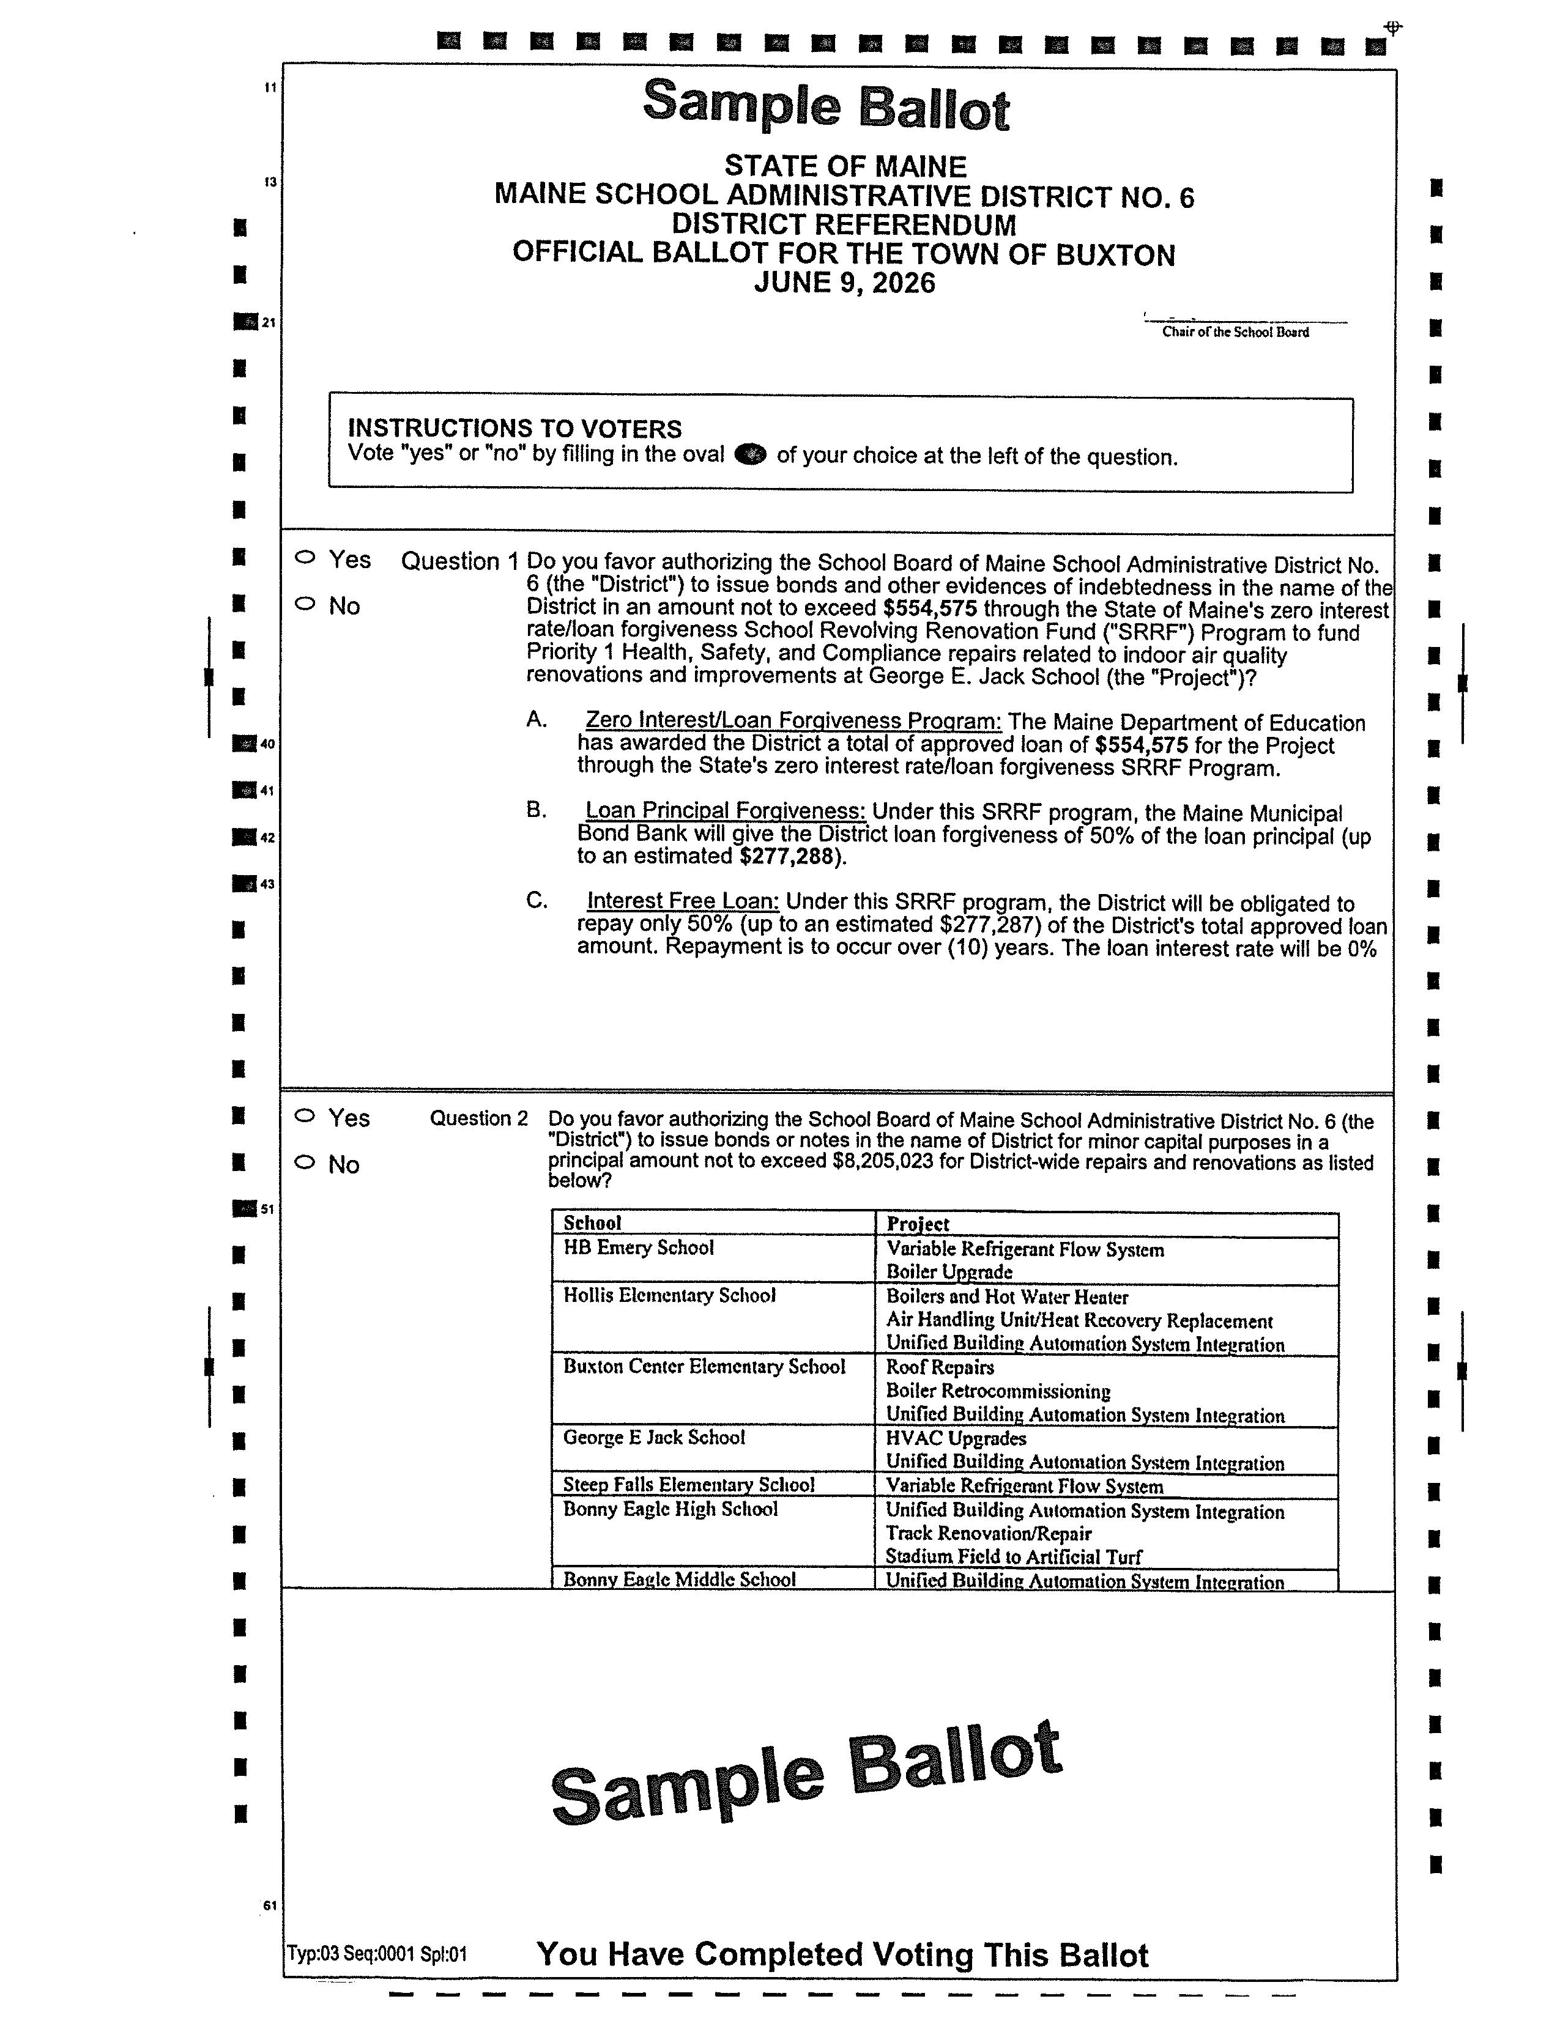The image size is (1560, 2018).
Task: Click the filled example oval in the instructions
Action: tap(749, 454)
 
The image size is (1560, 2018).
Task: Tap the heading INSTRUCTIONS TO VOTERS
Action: tap(514, 428)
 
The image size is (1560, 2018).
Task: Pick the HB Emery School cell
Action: tap(639, 1247)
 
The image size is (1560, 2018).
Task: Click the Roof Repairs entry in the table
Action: tap(940, 1367)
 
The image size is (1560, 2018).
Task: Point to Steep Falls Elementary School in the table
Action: tap(688, 1484)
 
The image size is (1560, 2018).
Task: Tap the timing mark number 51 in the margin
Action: tap(267, 1208)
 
